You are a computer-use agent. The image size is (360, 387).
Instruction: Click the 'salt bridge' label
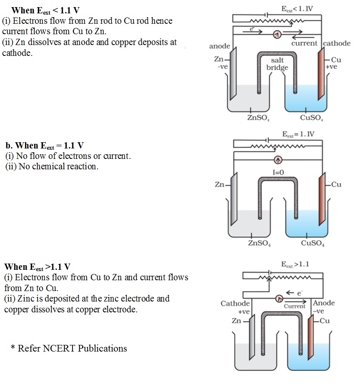277,64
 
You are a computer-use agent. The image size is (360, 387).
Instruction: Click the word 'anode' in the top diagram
220,46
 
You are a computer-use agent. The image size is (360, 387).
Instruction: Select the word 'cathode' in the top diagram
337,43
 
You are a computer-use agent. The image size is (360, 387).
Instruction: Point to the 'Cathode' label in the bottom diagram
235,303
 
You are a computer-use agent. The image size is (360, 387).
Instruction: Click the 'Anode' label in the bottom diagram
323,303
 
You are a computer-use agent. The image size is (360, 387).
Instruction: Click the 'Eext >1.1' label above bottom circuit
295,264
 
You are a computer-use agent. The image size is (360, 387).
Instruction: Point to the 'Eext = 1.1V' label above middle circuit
298,134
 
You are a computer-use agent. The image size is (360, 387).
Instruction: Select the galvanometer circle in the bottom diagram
280,298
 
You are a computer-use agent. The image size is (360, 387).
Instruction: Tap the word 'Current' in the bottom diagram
295,306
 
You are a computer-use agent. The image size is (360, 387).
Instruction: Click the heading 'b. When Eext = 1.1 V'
45,146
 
